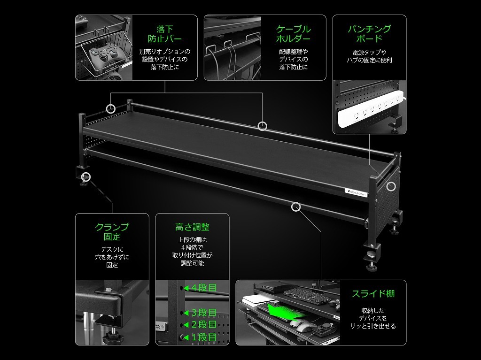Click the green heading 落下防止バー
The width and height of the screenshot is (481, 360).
click(165, 34)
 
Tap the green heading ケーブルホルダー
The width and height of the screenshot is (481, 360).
click(293, 34)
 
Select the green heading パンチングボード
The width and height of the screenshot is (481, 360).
click(369, 34)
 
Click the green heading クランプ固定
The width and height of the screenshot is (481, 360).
click(112, 232)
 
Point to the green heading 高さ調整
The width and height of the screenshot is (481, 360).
click(192, 227)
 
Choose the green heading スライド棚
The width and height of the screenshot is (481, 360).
click(373, 294)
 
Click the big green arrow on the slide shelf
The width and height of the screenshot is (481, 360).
click(281, 310)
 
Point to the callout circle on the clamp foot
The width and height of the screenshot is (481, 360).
click(86, 177)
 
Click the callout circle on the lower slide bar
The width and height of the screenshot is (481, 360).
click(296, 207)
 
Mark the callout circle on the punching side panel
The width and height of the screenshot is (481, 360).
click(391, 186)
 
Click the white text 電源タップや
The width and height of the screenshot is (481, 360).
click(369, 53)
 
